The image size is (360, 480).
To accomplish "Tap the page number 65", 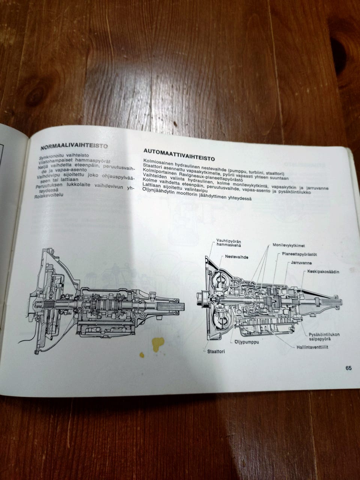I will pos(348,368).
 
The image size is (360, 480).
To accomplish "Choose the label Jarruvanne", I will pos(301,263).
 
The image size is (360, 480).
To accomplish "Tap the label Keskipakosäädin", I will pos(323,271).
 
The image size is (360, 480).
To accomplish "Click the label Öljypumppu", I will pos(246,342).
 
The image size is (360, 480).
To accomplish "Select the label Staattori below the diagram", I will pos(216,351).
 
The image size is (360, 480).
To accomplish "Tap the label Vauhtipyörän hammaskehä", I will pos(228,243).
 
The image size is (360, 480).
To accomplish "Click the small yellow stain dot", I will pos(142,354).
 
